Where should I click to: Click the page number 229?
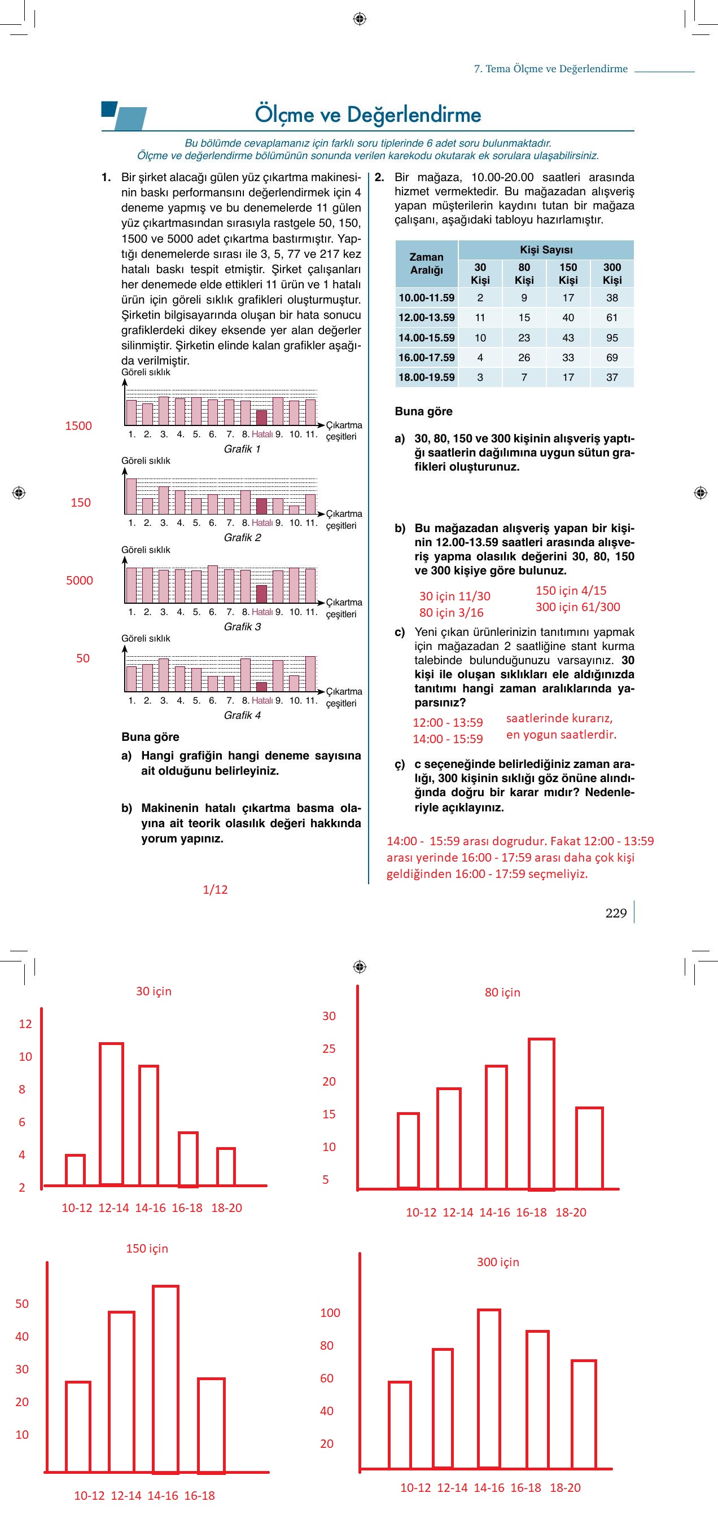pos(616,913)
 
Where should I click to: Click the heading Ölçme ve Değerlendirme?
pos(368,115)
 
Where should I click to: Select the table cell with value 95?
pos(612,337)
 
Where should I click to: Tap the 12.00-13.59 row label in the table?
pos(426,317)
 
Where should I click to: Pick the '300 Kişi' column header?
pos(612,274)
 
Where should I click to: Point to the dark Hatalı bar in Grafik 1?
pos(261,417)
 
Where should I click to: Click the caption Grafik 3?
pos(242,626)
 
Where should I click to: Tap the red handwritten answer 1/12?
pos(215,889)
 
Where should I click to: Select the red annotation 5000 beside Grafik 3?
pos(79,580)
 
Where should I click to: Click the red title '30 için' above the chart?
pos(154,991)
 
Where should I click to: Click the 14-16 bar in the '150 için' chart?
pos(165,1379)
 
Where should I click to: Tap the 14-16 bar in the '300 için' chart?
pos(489,1388)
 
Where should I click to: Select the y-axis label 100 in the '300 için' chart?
pos(330,1312)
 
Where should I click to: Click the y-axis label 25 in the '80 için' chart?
pos(329,1048)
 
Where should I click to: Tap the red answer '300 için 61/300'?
pos(577,607)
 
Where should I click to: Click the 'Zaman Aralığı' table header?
pos(426,264)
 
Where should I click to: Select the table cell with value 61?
pos(612,317)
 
